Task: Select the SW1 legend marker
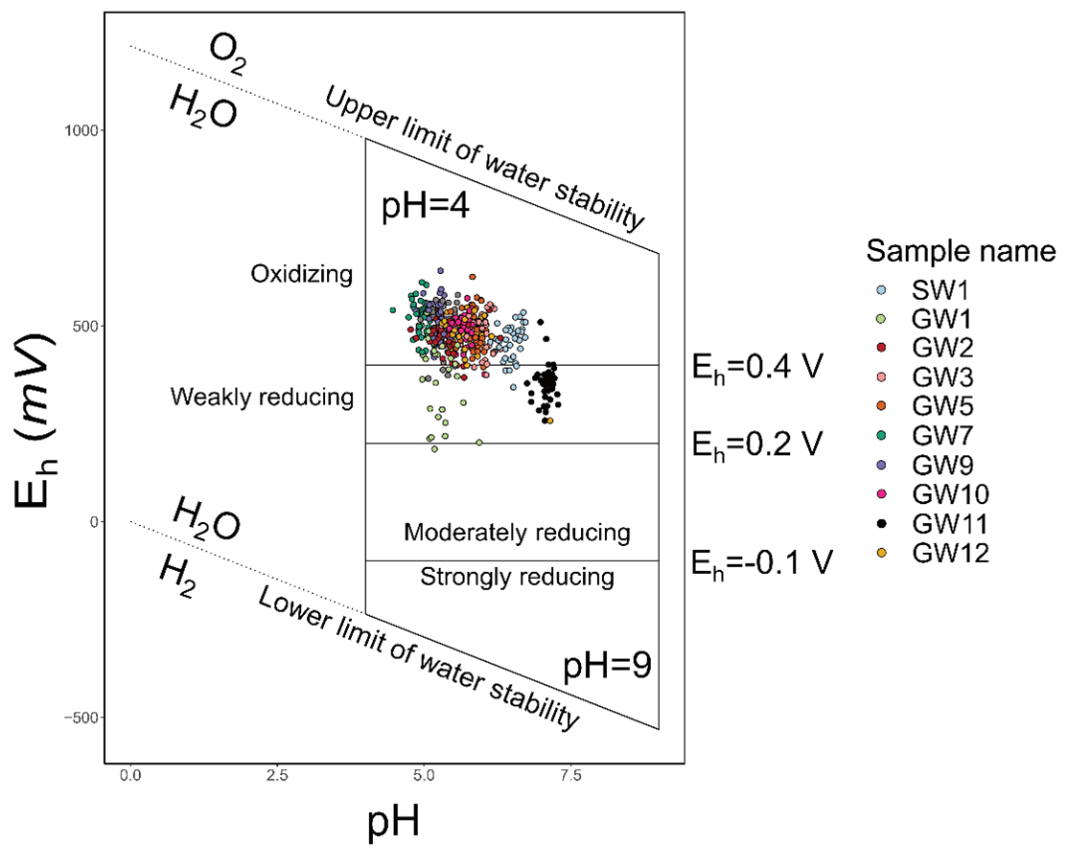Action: click(888, 288)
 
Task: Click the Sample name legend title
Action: click(961, 251)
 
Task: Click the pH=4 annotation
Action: click(425, 207)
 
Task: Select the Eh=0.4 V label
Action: click(757, 368)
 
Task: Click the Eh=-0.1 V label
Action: click(762, 563)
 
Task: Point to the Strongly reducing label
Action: click(517, 578)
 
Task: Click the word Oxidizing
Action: click(302, 275)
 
